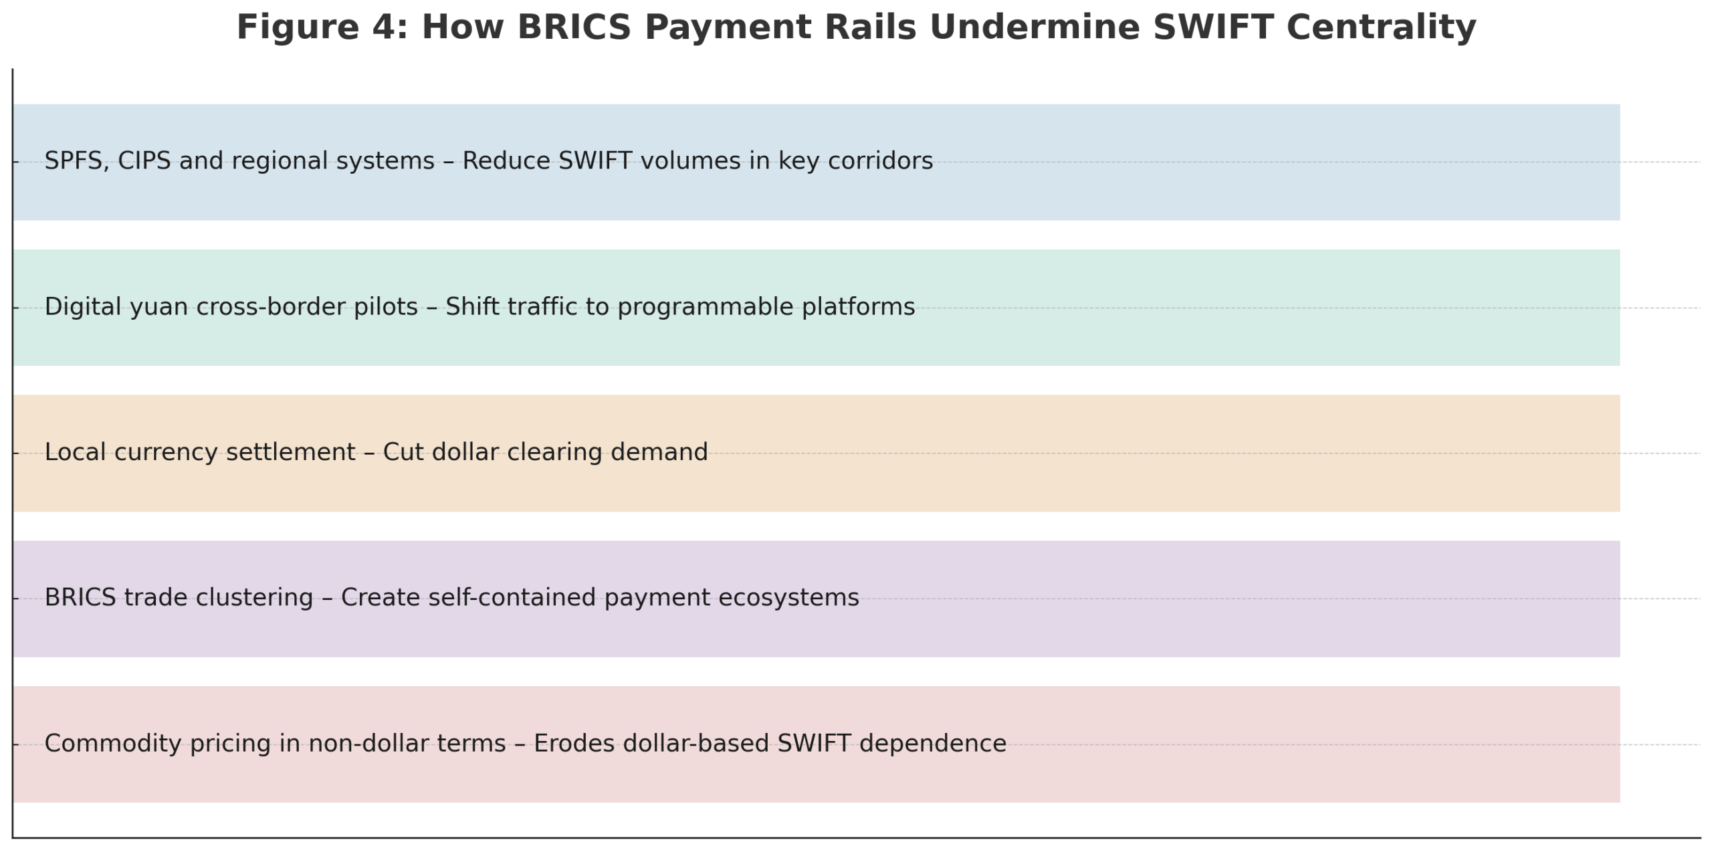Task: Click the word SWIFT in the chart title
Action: [x=1212, y=27]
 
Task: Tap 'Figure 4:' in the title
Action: [x=322, y=27]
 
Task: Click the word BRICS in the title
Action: [x=574, y=27]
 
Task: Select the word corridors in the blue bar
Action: [x=880, y=161]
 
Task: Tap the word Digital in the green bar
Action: [x=82, y=307]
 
